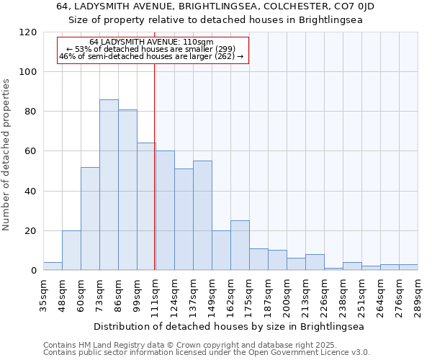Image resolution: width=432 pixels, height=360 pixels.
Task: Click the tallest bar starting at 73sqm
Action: [x=109, y=185]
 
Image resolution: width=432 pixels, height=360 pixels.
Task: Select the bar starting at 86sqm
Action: [x=127, y=190]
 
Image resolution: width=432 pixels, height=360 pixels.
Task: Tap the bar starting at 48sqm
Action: [x=71, y=251]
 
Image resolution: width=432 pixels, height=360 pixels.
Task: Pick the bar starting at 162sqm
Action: [x=240, y=246]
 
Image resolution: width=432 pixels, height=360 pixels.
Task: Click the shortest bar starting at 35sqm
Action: [x=53, y=266]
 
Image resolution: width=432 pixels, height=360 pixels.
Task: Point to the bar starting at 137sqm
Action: [x=202, y=216]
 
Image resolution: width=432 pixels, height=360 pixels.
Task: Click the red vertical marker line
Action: [x=155, y=166]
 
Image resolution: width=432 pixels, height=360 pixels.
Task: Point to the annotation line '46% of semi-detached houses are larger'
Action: [x=151, y=56]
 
